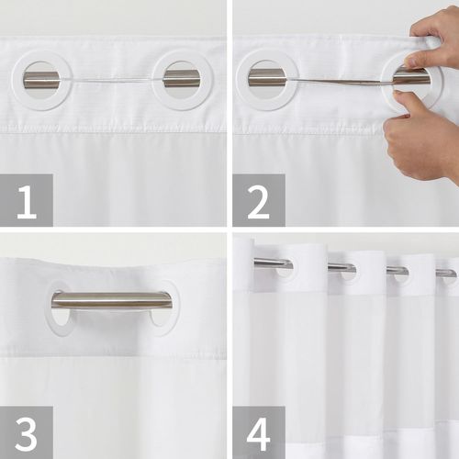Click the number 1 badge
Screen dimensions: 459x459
pyautogui.click(x=26, y=199)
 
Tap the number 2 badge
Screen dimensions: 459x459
pyautogui.click(x=258, y=199)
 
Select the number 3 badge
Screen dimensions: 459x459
pyautogui.click(x=26, y=431)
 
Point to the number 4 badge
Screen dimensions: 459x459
pyautogui.click(x=258, y=431)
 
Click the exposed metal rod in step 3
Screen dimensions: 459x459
pyautogui.click(x=111, y=300)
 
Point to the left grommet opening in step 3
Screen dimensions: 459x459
pyautogui.click(x=59, y=312)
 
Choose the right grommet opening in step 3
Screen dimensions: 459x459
pyautogui.click(x=163, y=312)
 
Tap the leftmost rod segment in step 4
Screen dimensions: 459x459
pyautogui.click(x=273, y=263)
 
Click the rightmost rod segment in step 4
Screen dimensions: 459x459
pyautogui.click(x=445, y=273)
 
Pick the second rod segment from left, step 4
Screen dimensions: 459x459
pyautogui.click(x=341, y=267)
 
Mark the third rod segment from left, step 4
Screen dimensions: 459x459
pyautogui.click(x=397, y=271)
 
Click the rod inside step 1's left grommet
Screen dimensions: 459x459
pyautogui.click(x=40, y=80)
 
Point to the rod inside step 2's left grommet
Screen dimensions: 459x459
pyautogui.click(x=266, y=78)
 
